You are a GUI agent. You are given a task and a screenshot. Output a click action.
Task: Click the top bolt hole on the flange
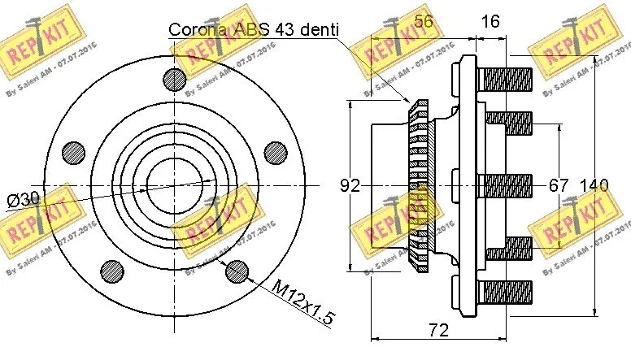pos(174,79)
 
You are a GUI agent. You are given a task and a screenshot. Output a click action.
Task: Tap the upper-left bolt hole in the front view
pos(74,152)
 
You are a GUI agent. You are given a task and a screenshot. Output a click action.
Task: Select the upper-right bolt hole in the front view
pos(275,152)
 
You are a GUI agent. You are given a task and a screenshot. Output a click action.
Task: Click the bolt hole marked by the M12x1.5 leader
pos(236,269)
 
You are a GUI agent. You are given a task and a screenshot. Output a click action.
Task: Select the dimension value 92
pos(350,185)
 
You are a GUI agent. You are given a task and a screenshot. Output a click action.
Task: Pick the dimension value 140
pos(594,185)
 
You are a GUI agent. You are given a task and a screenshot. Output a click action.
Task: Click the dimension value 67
pos(558,185)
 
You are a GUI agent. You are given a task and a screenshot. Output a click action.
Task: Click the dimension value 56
pos(423,23)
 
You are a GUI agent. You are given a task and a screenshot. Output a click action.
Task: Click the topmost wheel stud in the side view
pos(504,79)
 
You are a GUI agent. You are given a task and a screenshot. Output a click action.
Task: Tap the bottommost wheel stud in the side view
pos(504,290)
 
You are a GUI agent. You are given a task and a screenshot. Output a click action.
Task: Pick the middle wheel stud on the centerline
pos(507,184)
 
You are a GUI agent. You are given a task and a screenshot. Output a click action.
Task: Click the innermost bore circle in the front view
pos(174,184)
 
